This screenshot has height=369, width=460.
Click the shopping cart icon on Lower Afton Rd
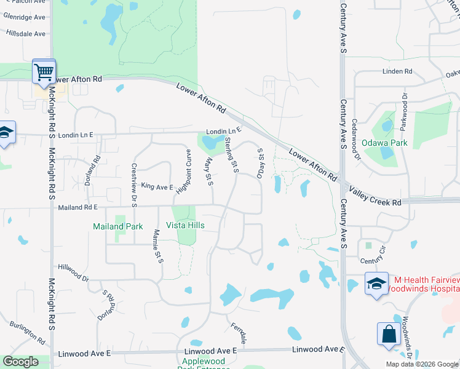(44, 72)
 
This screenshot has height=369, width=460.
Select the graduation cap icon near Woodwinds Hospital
(376, 284)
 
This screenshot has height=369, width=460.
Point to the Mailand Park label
(117, 226)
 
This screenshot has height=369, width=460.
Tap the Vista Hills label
(185, 226)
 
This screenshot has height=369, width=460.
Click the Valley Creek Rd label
(375, 192)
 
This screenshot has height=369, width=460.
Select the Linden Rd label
(397, 71)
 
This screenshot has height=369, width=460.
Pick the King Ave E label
(157, 186)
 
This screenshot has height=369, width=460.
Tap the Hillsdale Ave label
(26, 34)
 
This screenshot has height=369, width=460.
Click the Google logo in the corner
(20, 362)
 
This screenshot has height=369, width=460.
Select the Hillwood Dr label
(73, 272)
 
